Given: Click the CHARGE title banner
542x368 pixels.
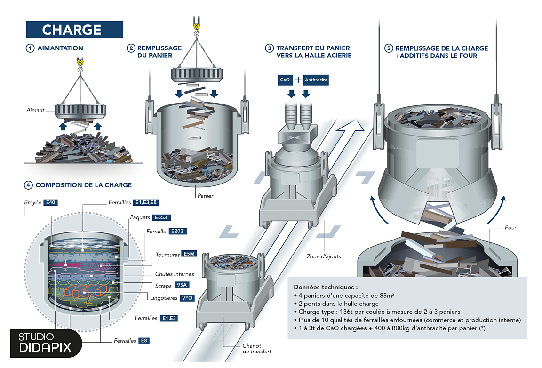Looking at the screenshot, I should (x=74, y=30).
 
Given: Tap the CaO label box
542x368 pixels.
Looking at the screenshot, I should (x=285, y=80).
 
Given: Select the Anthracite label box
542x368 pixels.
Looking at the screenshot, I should (x=316, y=80).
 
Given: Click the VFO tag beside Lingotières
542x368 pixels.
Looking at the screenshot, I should (x=187, y=298).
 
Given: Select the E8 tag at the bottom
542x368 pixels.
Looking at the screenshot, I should (x=144, y=340).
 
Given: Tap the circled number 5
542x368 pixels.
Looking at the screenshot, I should (x=389, y=48).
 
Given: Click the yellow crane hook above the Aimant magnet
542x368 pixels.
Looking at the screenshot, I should (x=80, y=62).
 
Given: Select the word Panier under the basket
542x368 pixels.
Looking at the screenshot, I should (x=205, y=196).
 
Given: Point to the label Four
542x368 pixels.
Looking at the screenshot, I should (x=510, y=227).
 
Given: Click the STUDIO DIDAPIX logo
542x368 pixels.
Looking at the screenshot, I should (x=46, y=342).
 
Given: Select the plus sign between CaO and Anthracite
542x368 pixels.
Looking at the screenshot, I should (x=298, y=80).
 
